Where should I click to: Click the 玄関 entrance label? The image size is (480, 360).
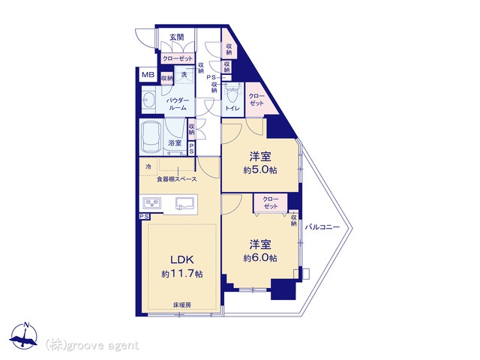click(x=177, y=37)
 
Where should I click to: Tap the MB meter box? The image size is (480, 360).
click(x=148, y=75)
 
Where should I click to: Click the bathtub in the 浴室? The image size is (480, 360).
click(x=151, y=137)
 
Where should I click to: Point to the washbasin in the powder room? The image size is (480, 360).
click(x=149, y=100)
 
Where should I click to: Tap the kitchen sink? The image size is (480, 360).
click(x=184, y=203)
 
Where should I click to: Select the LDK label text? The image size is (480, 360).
click(x=182, y=260)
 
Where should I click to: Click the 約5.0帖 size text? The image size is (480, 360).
click(x=260, y=170)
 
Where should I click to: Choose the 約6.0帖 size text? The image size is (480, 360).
click(x=260, y=258)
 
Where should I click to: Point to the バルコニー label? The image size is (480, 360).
click(x=322, y=227)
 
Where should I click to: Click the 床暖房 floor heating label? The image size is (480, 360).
click(x=182, y=305)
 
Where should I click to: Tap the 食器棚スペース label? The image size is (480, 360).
click(x=177, y=179)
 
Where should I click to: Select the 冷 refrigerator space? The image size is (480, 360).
click(x=148, y=167)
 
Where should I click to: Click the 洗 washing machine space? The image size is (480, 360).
click(x=184, y=74)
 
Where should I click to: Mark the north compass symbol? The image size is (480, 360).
click(x=24, y=336)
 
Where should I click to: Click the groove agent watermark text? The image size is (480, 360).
click(x=92, y=346)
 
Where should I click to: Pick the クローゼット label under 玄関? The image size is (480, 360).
click(x=178, y=58)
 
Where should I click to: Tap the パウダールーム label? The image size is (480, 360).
click(x=178, y=104)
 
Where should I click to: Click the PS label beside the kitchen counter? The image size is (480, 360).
click(x=144, y=217)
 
